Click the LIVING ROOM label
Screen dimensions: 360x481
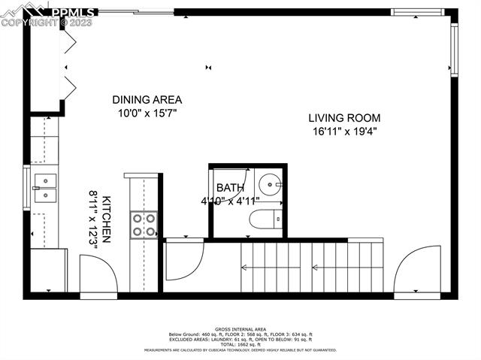344,118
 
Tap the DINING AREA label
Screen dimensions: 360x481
147,99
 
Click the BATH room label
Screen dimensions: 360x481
229,188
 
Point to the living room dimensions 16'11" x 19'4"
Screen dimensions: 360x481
344,132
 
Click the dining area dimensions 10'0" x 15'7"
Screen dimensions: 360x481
147,113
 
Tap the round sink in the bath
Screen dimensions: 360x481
269,183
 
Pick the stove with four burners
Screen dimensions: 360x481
144,224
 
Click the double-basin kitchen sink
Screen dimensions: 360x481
44,188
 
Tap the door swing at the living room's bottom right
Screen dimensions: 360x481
418,268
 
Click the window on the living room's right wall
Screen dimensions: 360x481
453,50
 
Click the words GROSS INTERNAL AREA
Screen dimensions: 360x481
240,329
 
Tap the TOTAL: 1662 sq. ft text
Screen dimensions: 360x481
240,343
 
